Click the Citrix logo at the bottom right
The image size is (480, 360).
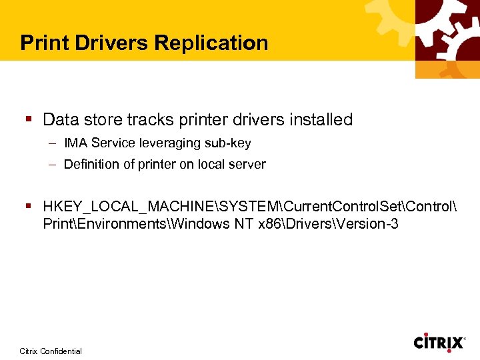point(439,343)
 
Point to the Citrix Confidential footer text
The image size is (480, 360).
point(51,351)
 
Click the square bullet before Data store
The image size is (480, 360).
point(29,120)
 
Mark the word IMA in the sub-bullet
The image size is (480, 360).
point(76,143)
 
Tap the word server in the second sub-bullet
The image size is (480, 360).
point(249,165)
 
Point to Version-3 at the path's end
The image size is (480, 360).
point(369,224)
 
